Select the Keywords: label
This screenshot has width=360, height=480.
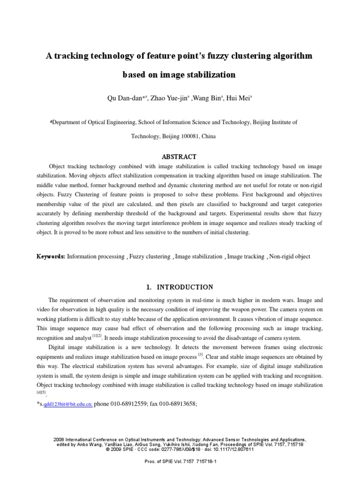pyautogui.click(x=51, y=257)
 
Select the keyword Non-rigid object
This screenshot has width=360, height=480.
pyautogui.click(x=290, y=257)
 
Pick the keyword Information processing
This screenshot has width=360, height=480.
pyautogui.click(x=96, y=257)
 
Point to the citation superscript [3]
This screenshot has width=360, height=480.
pyautogui.click(x=200, y=354)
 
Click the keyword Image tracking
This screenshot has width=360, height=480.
pyautogui.click(x=246, y=257)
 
